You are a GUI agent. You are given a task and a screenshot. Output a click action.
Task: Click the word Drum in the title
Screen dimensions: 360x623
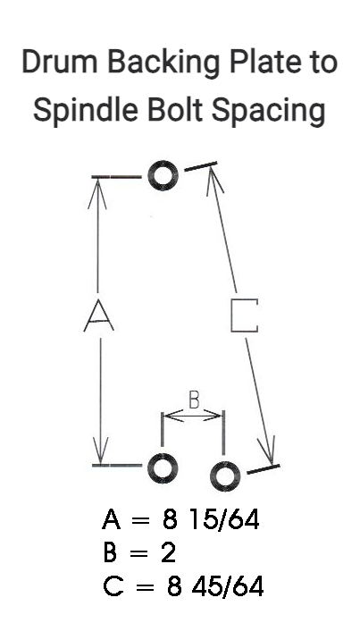[x=60, y=63]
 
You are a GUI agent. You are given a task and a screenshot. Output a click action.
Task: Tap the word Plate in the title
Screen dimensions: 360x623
[x=263, y=62]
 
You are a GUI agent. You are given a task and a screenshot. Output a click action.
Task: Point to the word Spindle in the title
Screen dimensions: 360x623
[x=86, y=110]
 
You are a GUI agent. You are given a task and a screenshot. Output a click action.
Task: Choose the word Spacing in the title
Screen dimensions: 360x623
[x=269, y=112]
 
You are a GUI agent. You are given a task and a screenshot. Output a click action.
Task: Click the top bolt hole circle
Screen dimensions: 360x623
[x=163, y=175]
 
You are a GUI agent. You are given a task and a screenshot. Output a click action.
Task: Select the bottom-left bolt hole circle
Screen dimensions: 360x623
[x=163, y=467]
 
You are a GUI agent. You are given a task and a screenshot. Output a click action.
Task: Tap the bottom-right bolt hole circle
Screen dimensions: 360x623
[x=225, y=476]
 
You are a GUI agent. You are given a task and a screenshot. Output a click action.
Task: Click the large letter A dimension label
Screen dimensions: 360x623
[x=99, y=316]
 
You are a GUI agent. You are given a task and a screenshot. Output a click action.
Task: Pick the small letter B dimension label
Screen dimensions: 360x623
[x=193, y=400]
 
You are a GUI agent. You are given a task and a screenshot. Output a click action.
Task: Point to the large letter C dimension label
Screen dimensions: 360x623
[x=245, y=316]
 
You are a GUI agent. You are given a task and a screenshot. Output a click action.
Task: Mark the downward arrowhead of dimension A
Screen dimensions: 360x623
[x=100, y=451]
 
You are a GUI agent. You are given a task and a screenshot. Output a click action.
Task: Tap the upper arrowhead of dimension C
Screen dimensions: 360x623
[x=213, y=180]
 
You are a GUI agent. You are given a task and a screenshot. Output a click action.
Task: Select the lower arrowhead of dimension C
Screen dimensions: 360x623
[x=267, y=451]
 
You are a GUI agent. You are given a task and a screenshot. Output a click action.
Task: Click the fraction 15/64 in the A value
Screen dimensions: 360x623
[x=224, y=519]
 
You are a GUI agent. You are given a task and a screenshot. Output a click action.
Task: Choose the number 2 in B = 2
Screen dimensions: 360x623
[x=168, y=552]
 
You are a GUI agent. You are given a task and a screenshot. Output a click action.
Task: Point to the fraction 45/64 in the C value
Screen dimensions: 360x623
[x=228, y=586]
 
